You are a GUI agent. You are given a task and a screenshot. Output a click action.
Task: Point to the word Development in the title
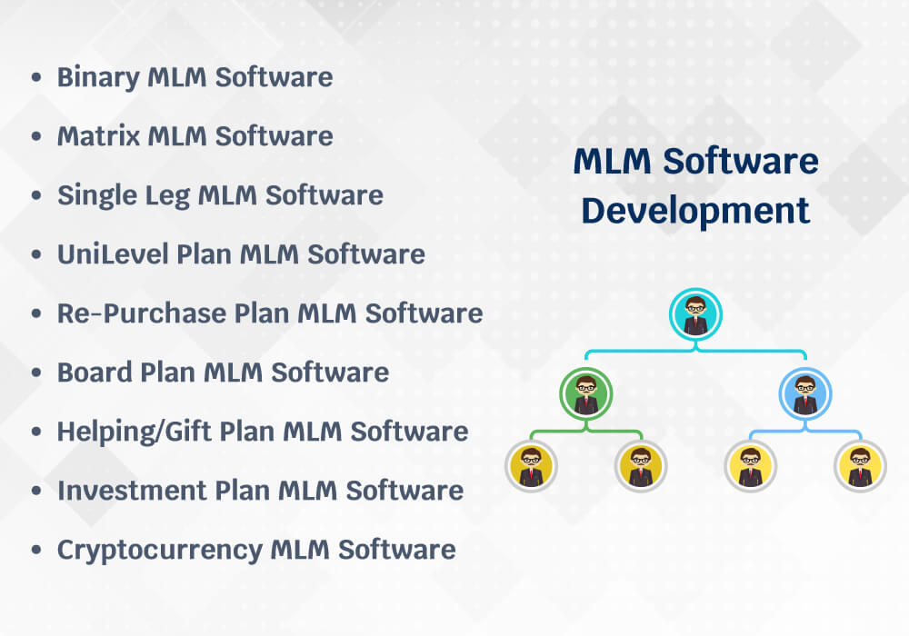(x=695, y=211)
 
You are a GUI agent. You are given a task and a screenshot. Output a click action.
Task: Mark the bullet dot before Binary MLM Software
(x=36, y=78)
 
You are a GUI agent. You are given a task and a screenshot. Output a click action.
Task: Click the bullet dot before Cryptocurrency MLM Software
(x=36, y=551)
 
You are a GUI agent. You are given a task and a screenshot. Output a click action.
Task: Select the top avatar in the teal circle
(x=695, y=314)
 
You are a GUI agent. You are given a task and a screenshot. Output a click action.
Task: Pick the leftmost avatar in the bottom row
(x=531, y=466)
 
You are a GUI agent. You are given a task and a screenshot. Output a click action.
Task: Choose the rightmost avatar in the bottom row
(x=860, y=466)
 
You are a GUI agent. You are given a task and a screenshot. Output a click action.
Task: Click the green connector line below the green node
(x=586, y=431)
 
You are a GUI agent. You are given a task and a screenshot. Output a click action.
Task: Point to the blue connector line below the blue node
(x=805, y=431)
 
